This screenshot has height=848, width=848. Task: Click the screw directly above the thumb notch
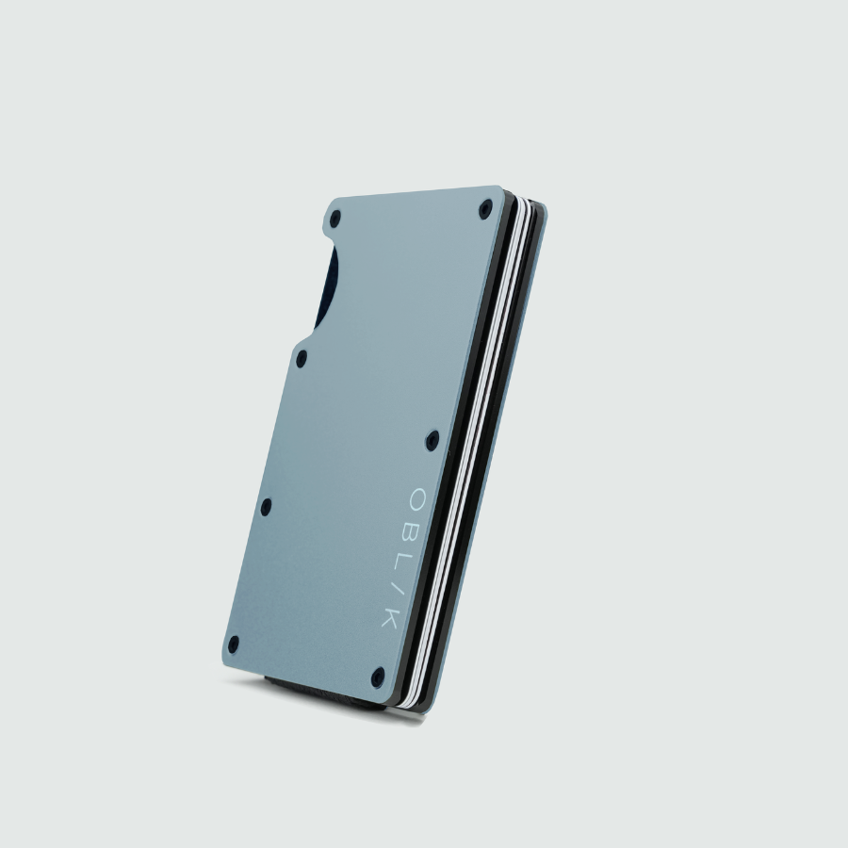pos(334,220)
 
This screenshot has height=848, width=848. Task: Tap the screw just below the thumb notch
pos(302,358)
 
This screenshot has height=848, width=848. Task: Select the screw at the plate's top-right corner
pos(485,210)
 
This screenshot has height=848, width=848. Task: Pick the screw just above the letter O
pos(432,438)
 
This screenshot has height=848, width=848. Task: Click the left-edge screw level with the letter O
pos(266,506)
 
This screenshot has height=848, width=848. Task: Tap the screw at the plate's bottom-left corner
pos(234,644)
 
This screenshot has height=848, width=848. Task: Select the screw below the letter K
pos(378,675)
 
